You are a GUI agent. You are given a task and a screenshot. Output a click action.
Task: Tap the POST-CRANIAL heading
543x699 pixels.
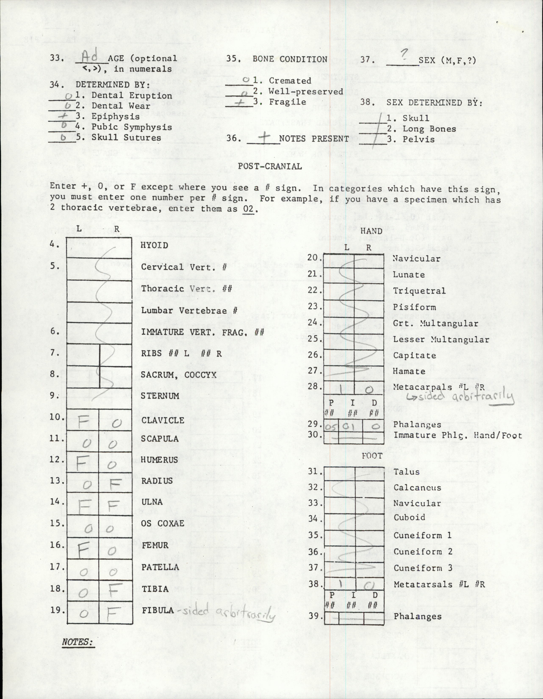click(270, 166)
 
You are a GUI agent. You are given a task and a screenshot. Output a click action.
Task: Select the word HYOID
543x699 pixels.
click(154, 246)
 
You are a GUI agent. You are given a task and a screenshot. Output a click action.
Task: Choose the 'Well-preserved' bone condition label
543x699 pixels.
click(306, 91)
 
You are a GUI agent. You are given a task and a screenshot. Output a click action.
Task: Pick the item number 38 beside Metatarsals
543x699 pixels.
click(315, 584)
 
